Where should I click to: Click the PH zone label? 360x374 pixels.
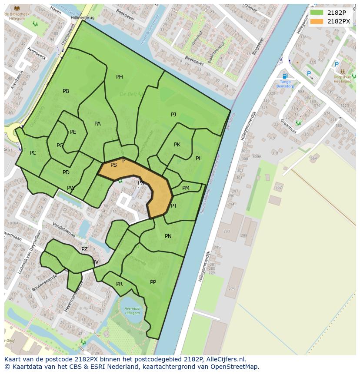[x=119, y=77]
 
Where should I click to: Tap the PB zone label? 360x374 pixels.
[x=66, y=91]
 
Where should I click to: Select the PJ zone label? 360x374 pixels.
[x=173, y=115]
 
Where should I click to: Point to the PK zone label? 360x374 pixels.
[x=177, y=145]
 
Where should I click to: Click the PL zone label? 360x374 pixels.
[x=198, y=159]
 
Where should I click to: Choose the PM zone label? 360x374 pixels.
[x=186, y=188]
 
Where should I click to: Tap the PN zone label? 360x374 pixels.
[x=168, y=236]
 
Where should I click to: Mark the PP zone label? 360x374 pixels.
[x=153, y=282]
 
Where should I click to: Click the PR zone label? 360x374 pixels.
[x=119, y=284]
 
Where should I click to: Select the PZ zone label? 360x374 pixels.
[x=84, y=249]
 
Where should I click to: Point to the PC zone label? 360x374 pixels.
[x=33, y=153]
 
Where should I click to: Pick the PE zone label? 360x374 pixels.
[x=73, y=132]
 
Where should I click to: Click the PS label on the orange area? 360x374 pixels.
[x=113, y=165]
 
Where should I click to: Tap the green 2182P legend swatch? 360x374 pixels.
[x=317, y=13]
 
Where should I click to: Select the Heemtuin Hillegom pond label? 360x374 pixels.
[x=132, y=310]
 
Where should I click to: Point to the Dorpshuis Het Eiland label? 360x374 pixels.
[x=342, y=79]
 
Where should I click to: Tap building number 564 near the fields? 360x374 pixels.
[x=313, y=159]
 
